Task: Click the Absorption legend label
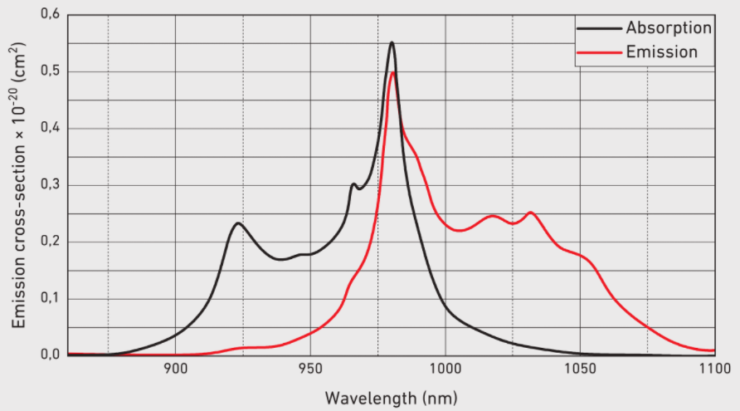coord(669,27)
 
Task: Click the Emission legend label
coord(661,52)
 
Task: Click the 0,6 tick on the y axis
coord(50,15)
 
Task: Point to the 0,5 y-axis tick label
coord(50,71)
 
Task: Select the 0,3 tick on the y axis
coord(50,185)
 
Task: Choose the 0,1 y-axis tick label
coord(50,298)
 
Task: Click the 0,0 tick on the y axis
coord(50,355)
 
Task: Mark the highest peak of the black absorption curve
coord(392,42)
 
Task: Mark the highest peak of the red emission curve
coord(393,73)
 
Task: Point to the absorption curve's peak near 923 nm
coord(238,223)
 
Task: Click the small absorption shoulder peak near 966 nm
coord(353,184)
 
